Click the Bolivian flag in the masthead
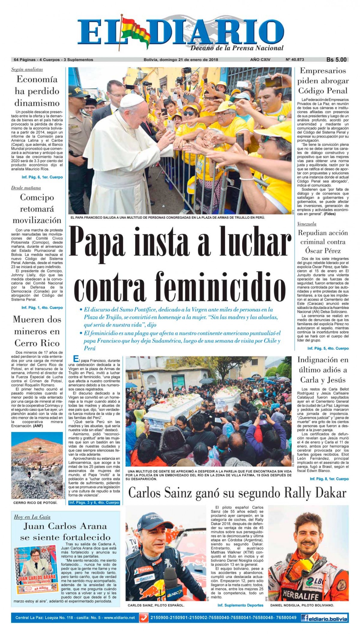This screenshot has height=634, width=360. coord(135,30)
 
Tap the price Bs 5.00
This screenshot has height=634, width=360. coord(336,60)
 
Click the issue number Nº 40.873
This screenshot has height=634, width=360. coord(296,60)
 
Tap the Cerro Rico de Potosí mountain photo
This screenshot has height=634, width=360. coord(37,465)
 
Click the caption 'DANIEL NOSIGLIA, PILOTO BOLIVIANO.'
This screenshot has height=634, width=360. coord(302,605)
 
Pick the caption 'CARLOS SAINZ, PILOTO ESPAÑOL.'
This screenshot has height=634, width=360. coord(156,605)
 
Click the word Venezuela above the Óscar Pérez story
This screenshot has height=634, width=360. coord(307,224)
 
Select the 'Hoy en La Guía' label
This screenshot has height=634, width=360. coord(32,517)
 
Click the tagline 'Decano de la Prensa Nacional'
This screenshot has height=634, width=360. coord(237,48)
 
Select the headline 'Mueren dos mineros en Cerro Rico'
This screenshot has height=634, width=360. coord(37,331)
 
